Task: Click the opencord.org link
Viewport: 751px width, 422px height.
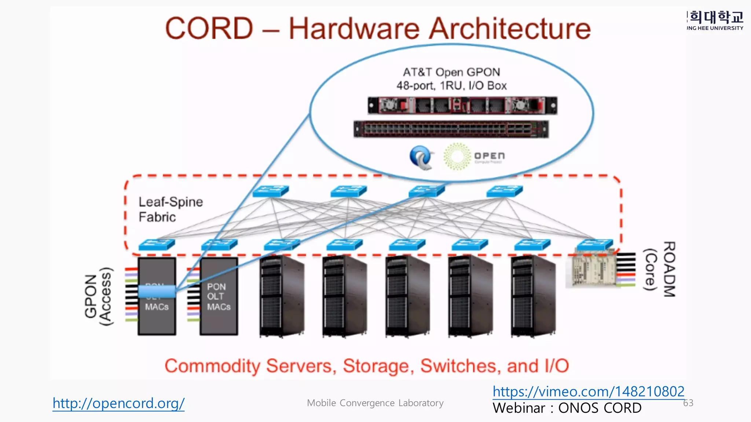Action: [x=118, y=403]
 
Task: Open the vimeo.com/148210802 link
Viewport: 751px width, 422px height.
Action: [x=588, y=392]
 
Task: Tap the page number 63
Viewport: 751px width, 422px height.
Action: [x=688, y=403]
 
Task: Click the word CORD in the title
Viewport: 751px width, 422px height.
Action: [x=209, y=29]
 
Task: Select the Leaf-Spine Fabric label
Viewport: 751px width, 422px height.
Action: [x=170, y=210]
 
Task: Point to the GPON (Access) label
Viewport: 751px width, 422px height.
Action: [x=98, y=296]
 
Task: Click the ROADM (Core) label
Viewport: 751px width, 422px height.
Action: [x=660, y=269]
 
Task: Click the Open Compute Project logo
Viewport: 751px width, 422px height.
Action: [x=473, y=156]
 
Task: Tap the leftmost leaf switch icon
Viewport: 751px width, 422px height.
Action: [x=157, y=245]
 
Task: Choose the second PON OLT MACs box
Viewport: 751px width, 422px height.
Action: [x=219, y=296]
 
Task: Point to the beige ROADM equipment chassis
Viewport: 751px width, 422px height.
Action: [x=590, y=269]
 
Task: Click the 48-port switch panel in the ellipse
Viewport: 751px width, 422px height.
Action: [x=451, y=129]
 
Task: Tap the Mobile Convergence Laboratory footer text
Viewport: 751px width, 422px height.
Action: [x=375, y=403]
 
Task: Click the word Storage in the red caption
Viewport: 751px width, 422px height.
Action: [x=378, y=366]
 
